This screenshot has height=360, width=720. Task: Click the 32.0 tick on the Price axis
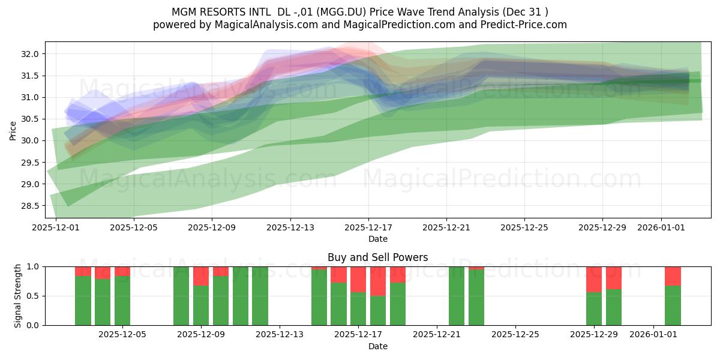coord(29,54)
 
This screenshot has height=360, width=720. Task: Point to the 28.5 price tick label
coord(29,206)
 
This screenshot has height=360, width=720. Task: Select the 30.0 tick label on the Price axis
coord(29,141)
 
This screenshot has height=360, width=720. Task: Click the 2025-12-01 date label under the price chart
coord(56,227)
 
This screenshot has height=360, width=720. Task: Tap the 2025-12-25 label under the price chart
coord(524,227)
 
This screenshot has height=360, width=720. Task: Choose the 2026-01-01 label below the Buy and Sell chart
coord(653,334)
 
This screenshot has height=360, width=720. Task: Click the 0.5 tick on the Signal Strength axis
coord(32,296)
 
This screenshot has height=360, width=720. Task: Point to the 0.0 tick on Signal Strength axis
coord(32,325)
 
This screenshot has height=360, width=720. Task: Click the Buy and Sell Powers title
coord(377,257)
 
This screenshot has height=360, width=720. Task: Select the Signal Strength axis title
coord(17,296)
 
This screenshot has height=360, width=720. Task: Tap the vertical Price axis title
coord(13,131)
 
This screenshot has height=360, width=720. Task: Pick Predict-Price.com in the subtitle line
coord(524,25)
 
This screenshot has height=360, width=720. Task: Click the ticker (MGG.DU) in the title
coord(341,12)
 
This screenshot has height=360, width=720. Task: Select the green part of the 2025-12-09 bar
coord(201,305)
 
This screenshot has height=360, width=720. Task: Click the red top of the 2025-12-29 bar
coord(594,280)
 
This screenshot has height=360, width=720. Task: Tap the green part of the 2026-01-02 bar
coord(673,305)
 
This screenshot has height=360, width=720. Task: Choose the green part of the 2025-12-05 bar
coord(122,301)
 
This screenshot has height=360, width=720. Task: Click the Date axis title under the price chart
coord(377,239)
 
